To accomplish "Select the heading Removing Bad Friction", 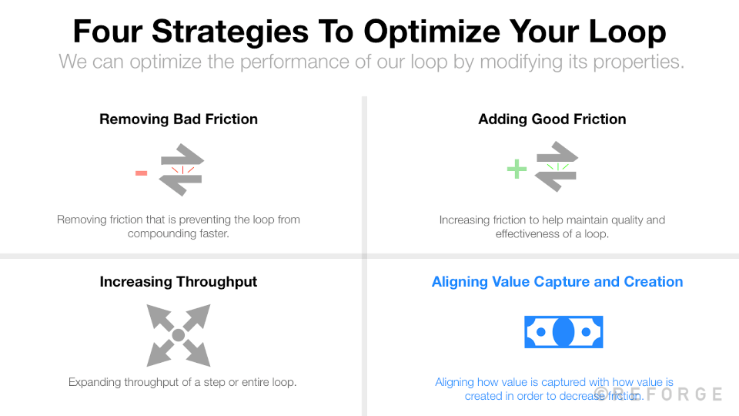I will pyautogui.click(x=179, y=119).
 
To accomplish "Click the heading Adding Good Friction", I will pyautogui.click(x=552, y=119).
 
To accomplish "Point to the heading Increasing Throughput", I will pyautogui.click(x=179, y=282).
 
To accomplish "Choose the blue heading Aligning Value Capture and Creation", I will pyautogui.click(x=557, y=282).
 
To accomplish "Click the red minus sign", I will pyautogui.click(x=142, y=173).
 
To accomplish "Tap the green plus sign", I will pyautogui.click(x=517, y=169).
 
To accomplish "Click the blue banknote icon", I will pyautogui.click(x=563, y=332).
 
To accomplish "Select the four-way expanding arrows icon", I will pyautogui.click(x=179, y=335).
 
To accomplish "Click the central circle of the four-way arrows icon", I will pyautogui.click(x=179, y=335).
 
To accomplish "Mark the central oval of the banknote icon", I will pyautogui.click(x=563, y=332).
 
